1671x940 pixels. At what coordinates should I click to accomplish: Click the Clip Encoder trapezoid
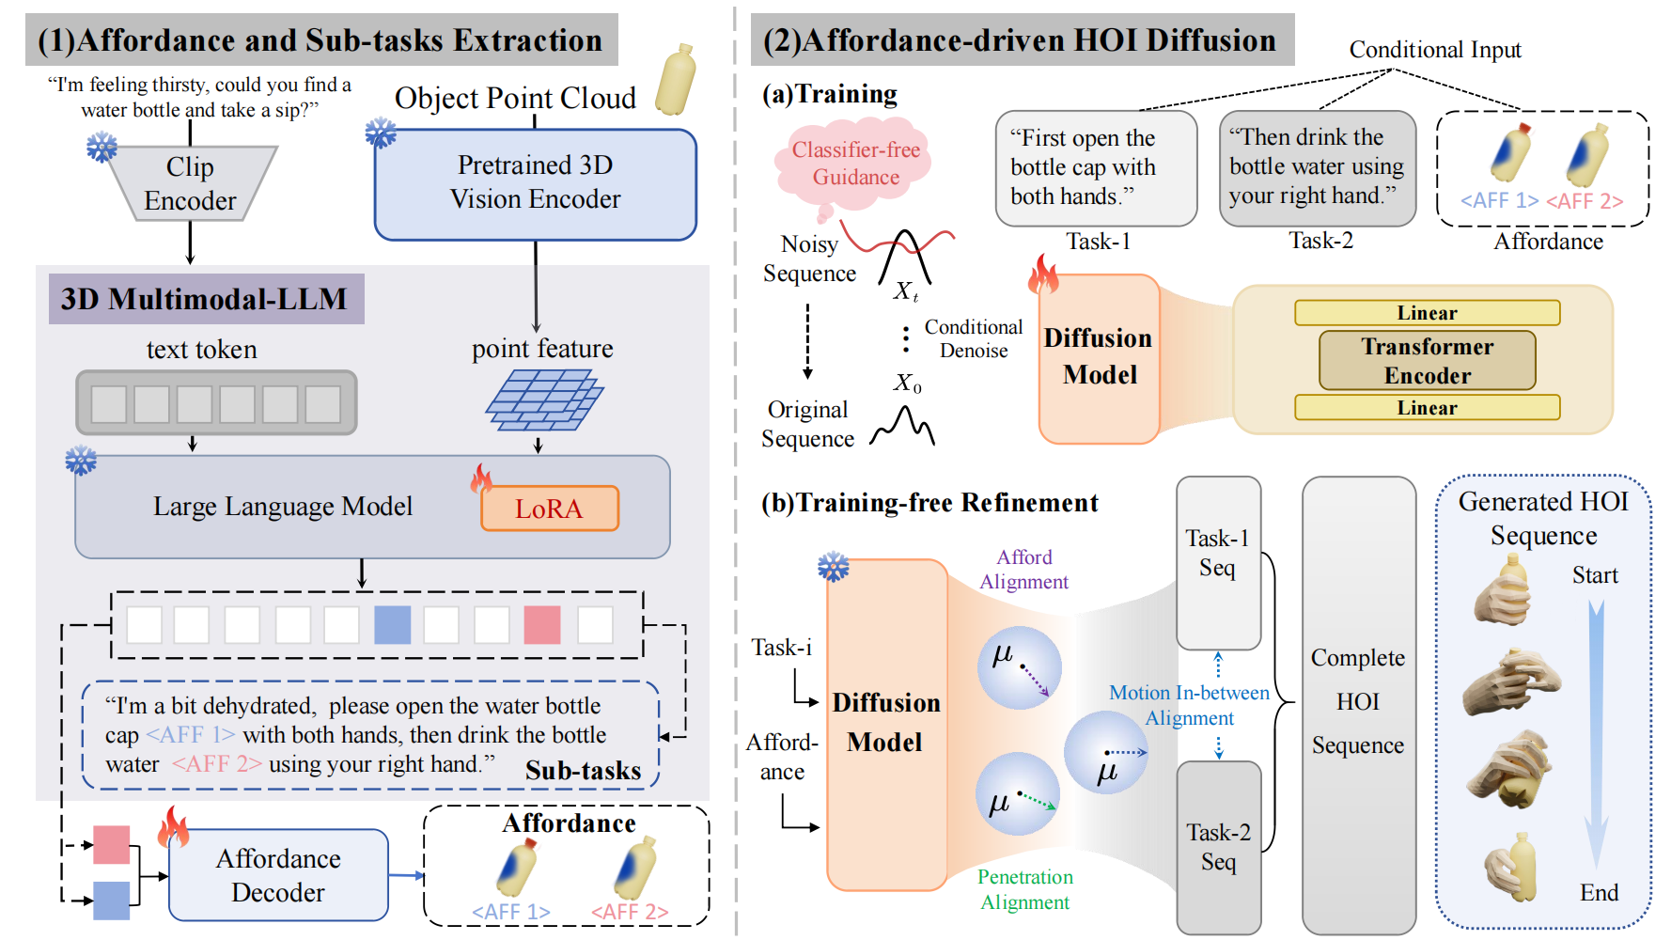pos(191,183)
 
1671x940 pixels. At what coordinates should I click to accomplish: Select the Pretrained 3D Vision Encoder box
pos(535,183)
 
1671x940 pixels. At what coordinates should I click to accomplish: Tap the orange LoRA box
pos(549,509)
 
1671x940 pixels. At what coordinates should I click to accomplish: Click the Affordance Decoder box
pos(278,875)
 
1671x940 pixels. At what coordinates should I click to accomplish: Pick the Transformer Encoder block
pos(1427,361)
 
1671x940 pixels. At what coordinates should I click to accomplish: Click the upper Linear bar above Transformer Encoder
pos(1427,313)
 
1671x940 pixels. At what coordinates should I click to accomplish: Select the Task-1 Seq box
pos(1218,562)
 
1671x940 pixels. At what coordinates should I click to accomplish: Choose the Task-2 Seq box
pos(1218,846)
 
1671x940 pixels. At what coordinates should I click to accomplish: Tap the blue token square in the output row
pos(392,625)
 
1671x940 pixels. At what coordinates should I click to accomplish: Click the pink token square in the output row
pos(542,625)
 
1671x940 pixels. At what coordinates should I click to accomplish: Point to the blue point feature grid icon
pos(543,399)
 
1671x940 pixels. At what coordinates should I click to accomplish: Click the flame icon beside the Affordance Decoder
pos(174,827)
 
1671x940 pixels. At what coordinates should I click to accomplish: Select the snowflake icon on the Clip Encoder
pos(102,147)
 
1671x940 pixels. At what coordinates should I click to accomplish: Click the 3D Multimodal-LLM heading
pos(205,299)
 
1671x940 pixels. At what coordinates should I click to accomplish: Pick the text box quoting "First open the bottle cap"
pos(1096,168)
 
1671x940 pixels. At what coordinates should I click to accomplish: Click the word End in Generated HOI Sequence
pos(1599,892)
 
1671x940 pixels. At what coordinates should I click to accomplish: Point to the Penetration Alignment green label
pos(1024,889)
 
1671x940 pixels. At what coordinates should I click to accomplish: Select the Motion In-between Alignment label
pos(1189,705)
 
